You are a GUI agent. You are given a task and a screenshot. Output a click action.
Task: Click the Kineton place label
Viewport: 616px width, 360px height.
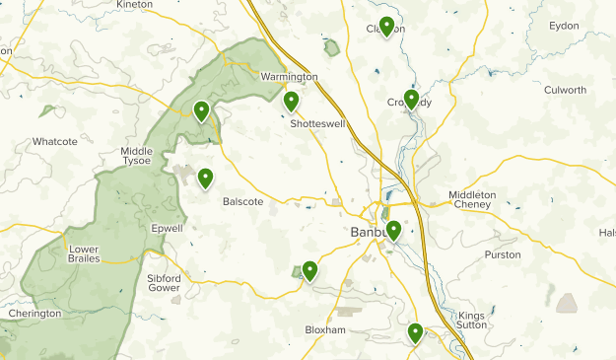(135, 5)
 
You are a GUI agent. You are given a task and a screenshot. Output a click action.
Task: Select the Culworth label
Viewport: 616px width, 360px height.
(565, 90)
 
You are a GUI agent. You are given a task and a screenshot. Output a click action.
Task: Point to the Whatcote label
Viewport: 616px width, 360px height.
(55, 142)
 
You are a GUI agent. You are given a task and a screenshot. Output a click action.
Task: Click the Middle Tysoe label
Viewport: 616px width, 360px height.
(137, 157)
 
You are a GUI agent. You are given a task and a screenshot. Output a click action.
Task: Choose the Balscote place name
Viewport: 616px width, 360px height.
(243, 201)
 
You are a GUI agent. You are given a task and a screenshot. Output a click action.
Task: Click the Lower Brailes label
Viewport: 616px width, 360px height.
(85, 253)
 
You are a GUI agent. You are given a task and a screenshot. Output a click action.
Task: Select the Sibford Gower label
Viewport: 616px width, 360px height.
(164, 283)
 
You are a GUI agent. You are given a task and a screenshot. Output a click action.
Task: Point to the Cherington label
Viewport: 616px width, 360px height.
(34, 314)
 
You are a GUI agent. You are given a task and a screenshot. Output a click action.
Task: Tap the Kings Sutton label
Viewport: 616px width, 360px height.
(472, 323)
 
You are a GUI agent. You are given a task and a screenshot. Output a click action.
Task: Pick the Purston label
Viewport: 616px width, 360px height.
(503, 254)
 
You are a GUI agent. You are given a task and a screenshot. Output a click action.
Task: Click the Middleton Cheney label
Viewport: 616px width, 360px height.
(472, 201)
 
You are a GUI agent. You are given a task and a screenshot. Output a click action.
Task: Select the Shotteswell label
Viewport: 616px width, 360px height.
(317, 124)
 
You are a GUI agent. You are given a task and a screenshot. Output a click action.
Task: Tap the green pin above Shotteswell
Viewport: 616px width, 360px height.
(291, 101)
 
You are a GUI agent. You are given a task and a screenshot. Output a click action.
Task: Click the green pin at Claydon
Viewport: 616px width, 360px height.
(387, 27)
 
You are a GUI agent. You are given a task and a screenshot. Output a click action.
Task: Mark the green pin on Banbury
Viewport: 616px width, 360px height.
(393, 231)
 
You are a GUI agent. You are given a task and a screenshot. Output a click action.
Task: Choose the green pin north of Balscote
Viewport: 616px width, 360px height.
(205, 178)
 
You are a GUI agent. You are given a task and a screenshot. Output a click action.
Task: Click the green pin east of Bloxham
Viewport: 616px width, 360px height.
(415, 332)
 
